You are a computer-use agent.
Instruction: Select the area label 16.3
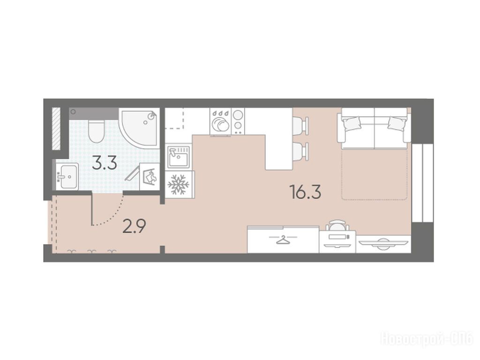[x=305, y=192]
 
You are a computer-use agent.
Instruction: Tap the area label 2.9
[x=134, y=226]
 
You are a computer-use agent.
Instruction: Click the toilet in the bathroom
[x=96, y=131]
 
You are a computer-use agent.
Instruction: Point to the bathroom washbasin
[x=67, y=176]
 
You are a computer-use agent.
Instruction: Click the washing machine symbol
[x=150, y=177]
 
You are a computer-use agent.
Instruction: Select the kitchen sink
[x=179, y=157]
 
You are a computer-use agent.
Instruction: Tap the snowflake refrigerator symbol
[x=179, y=184]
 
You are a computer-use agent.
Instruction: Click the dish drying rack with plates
[x=220, y=121]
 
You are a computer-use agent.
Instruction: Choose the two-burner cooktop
[x=238, y=121]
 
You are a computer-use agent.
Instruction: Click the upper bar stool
[x=300, y=125]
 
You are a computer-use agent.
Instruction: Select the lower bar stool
[x=300, y=151]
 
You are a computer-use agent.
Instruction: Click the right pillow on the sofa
[x=397, y=124]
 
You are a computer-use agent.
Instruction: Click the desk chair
[x=337, y=225]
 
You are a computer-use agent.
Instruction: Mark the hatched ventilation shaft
[x=56, y=128]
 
